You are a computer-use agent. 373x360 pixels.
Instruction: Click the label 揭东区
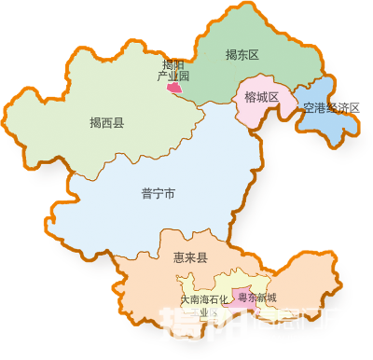(242, 55)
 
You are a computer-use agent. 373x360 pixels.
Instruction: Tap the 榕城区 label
(261, 97)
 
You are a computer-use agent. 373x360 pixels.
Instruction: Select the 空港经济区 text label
(331, 108)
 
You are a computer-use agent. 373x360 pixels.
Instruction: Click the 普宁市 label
(159, 193)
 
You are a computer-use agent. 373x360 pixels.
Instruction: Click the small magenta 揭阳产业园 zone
(174, 89)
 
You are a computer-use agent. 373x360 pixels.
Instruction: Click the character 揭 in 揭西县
(95, 122)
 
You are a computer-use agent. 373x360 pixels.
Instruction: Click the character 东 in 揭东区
(242, 55)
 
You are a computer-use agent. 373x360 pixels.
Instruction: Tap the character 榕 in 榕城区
(250, 97)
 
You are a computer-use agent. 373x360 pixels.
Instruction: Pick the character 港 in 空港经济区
(320, 108)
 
